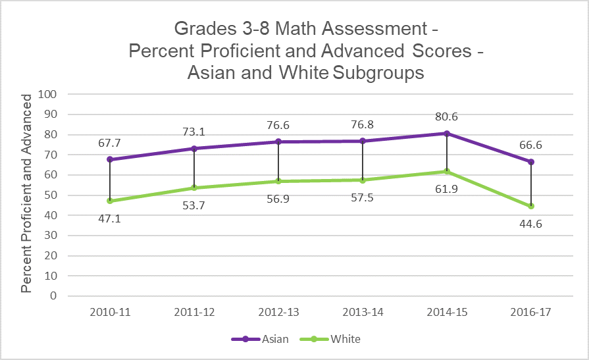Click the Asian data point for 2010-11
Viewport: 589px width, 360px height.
pos(110,159)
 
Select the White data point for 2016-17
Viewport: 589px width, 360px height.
pos(530,206)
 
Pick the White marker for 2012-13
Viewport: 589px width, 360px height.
pos(278,181)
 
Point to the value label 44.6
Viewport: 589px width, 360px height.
pos(530,224)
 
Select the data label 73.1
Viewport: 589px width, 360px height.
pos(194,132)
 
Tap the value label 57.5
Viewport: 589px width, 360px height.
pos(363,197)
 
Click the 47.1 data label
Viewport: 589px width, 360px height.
pos(110,218)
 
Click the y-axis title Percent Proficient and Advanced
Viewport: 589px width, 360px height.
pos(27,193)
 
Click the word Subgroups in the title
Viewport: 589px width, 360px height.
pos(378,72)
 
